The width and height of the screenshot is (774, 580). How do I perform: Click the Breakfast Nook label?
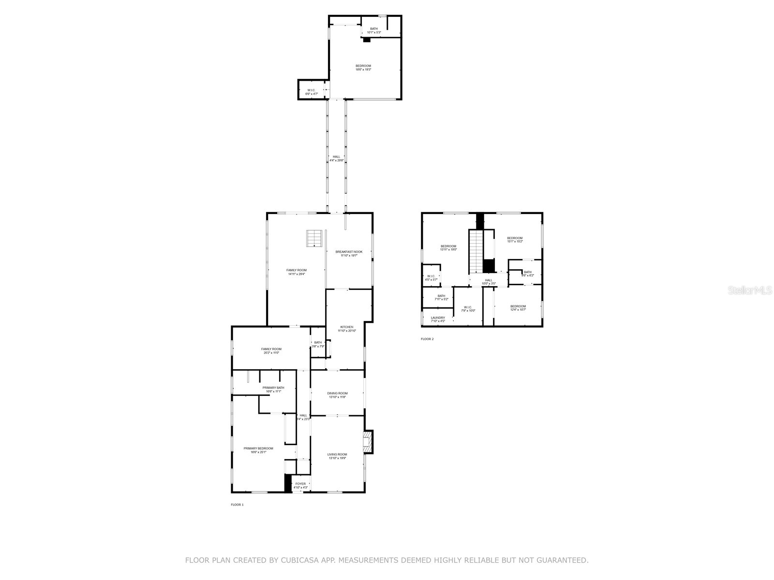(349, 253)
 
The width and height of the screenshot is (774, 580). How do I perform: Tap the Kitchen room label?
(347, 329)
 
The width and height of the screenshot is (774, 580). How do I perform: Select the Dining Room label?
(337, 395)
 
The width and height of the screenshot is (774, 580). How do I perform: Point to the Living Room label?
(337, 456)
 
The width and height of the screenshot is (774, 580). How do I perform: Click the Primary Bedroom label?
(258, 450)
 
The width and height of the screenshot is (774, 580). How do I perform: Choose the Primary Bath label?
(273, 389)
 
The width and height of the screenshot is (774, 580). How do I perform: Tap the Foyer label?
(300, 485)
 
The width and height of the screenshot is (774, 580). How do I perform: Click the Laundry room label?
(438, 319)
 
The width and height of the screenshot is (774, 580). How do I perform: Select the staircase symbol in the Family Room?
(314, 238)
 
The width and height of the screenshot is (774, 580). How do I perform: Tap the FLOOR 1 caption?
(237, 505)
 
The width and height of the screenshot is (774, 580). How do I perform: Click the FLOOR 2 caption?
(427, 339)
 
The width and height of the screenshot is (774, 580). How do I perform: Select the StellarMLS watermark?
(750, 290)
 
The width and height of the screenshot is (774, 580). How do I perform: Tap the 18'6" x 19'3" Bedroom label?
(363, 68)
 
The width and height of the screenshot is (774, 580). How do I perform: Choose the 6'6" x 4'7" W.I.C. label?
(312, 91)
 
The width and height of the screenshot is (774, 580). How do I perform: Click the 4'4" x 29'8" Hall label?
(336, 158)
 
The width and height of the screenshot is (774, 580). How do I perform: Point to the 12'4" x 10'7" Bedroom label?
(518, 308)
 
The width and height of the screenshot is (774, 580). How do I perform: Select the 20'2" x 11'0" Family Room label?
(271, 350)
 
